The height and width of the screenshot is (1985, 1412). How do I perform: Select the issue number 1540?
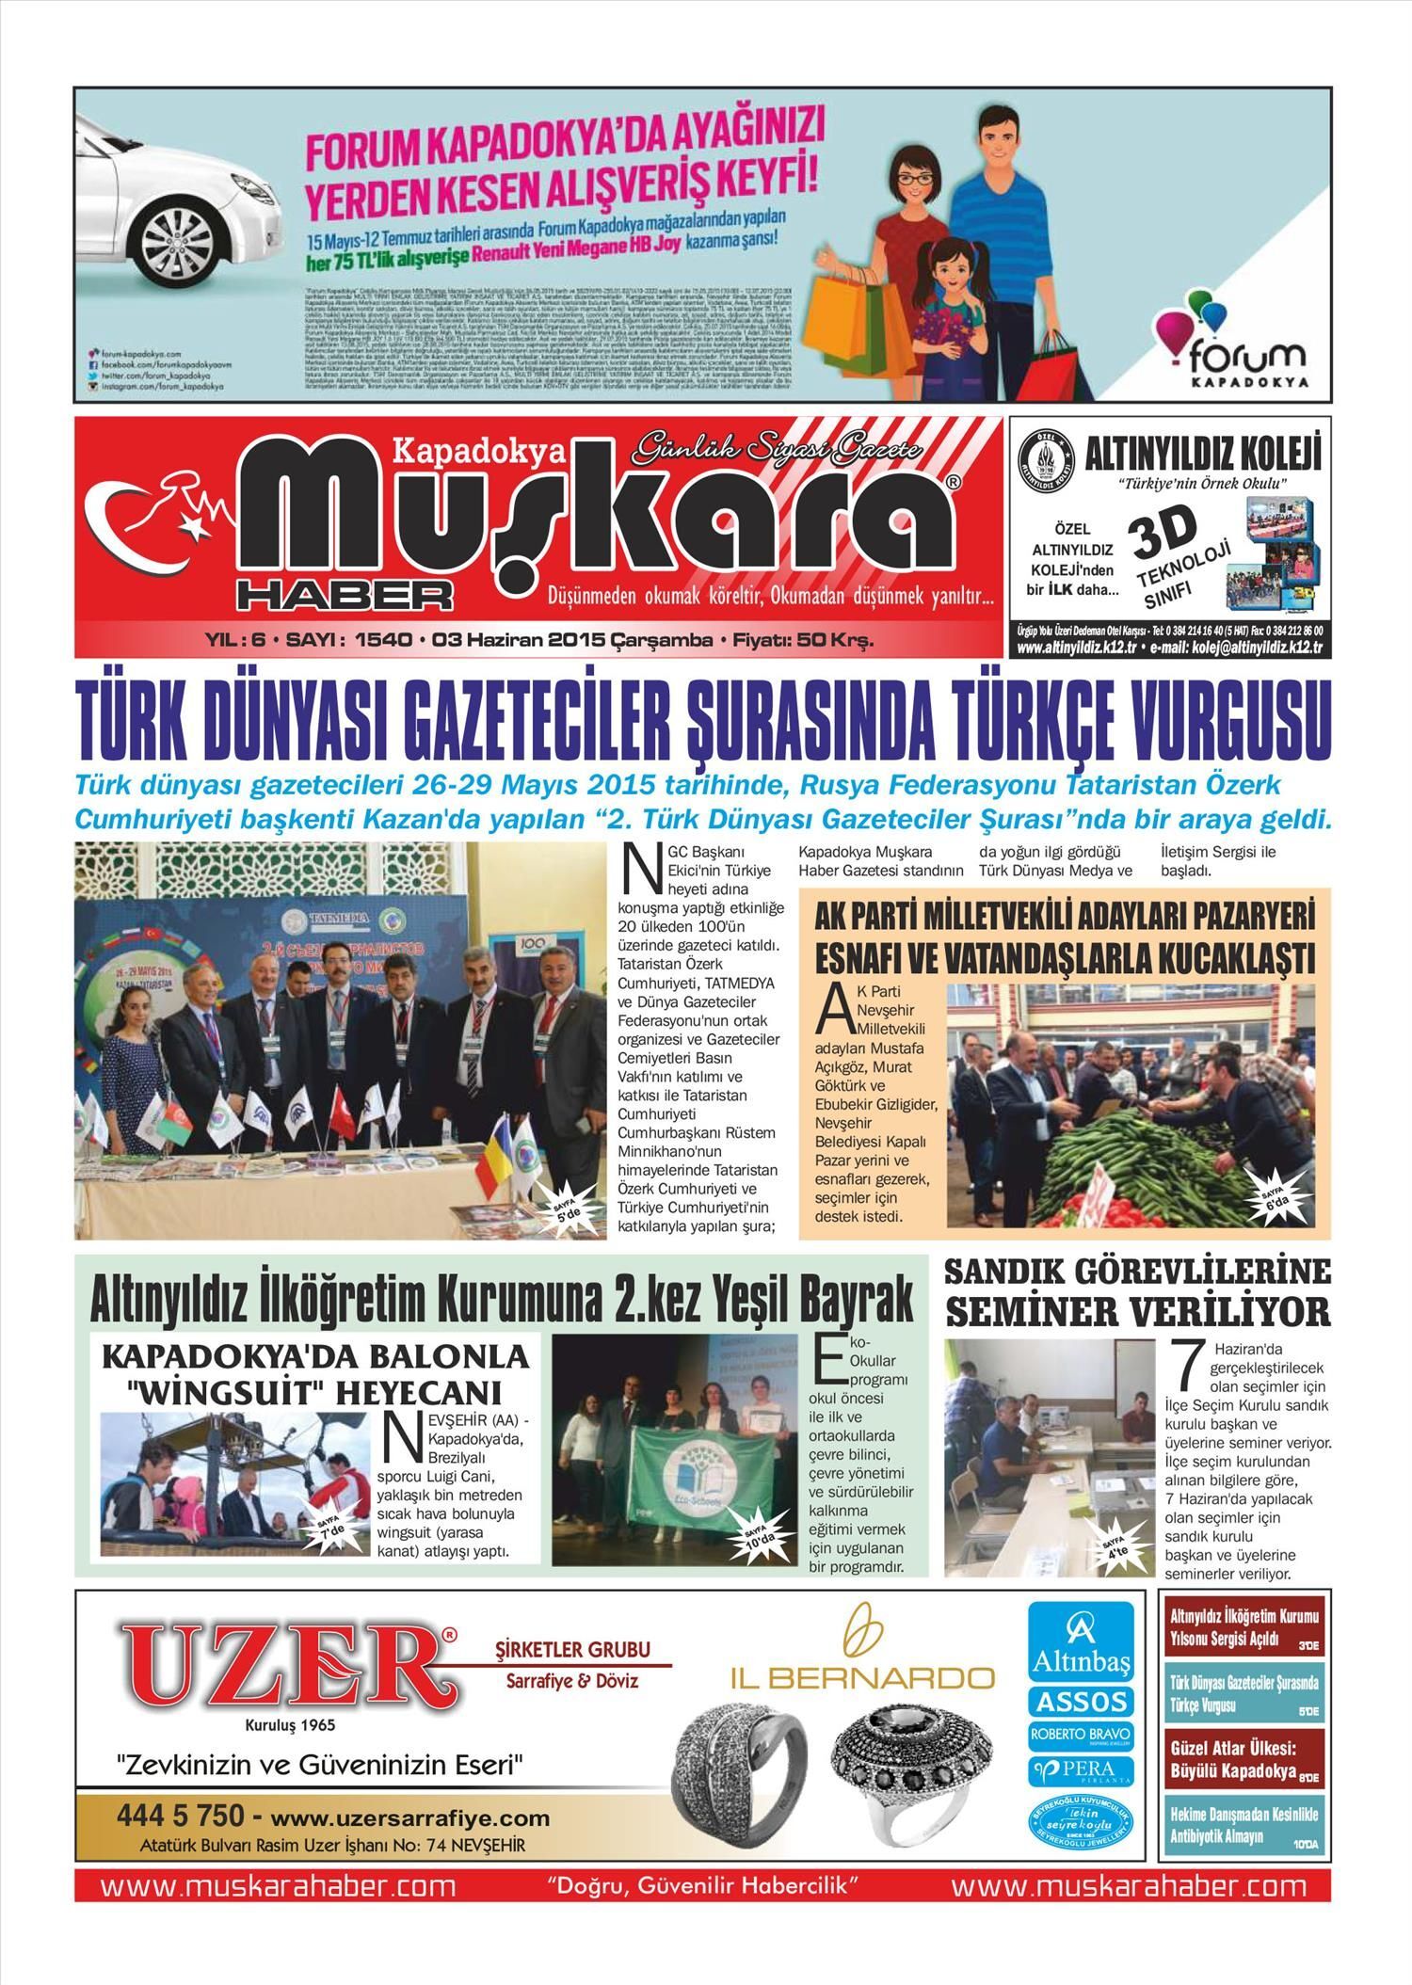tap(384, 641)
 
